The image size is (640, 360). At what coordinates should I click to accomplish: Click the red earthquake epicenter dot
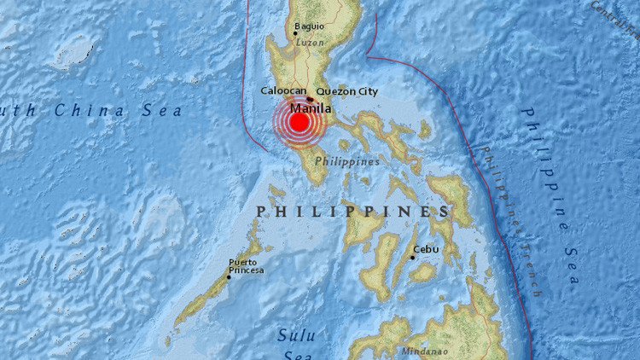click(299, 123)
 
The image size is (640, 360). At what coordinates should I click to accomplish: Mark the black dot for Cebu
click(413, 258)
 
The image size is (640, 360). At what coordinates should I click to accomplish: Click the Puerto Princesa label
click(245, 266)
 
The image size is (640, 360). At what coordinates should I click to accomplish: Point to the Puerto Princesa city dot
click(229, 276)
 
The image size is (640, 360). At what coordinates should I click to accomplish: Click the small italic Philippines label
click(346, 161)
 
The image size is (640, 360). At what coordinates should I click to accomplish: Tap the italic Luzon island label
click(310, 41)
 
